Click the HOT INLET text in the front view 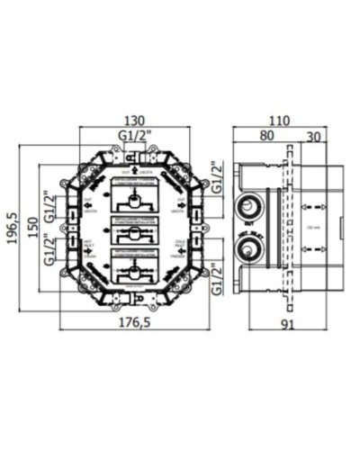pos(89,245)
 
